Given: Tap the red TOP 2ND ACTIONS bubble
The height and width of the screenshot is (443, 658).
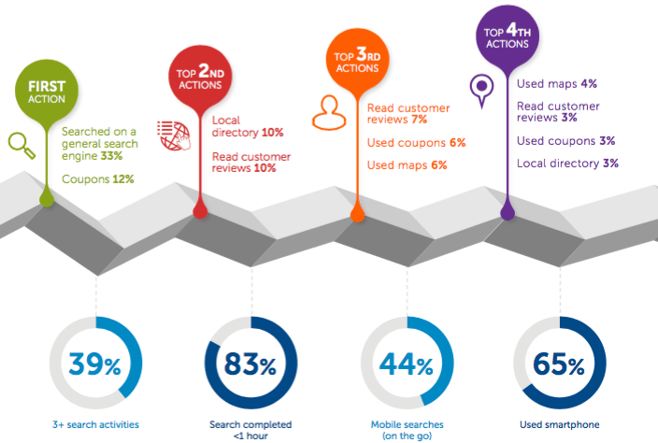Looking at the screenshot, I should (200, 78).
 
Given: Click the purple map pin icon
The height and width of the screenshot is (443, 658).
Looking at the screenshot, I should (482, 90).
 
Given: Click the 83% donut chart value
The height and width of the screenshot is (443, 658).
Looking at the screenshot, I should (250, 364).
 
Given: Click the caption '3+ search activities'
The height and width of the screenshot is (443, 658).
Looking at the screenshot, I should (97, 425).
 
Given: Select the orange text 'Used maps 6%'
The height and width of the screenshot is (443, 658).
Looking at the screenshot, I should (407, 165).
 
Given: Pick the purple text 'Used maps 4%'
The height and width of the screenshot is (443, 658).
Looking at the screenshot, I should (557, 84).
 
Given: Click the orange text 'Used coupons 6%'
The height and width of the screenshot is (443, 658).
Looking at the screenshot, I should (416, 143).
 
